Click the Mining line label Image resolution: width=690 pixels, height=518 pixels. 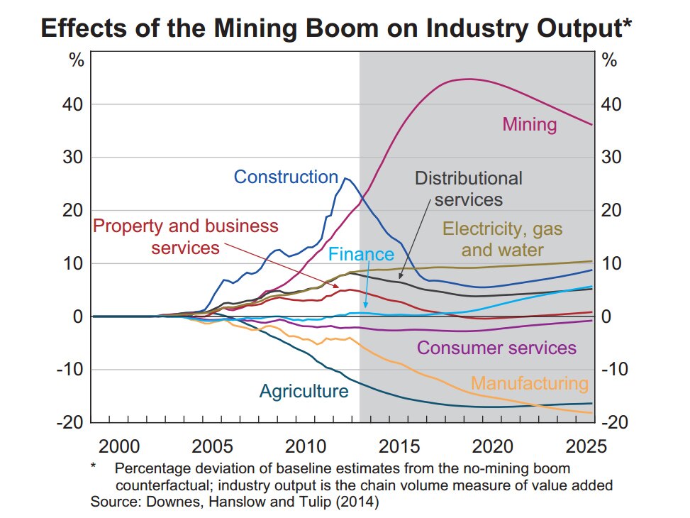click(x=529, y=125)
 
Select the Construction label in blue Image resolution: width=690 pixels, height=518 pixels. click(x=286, y=177)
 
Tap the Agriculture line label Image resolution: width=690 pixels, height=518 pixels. click(x=304, y=391)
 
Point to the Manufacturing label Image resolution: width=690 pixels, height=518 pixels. click(x=530, y=384)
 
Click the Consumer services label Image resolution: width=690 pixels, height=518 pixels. click(x=496, y=348)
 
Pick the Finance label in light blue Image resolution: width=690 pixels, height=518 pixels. click(x=361, y=254)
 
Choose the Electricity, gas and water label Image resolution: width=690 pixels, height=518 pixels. click(x=503, y=239)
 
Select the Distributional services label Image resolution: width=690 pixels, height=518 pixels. click(x=468, y=188)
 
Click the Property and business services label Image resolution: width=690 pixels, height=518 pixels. click(x=186, y=237)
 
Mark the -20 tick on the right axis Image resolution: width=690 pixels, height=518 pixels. click(x=614, y=421)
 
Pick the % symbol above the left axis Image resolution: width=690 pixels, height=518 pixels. click(x=76, y=60)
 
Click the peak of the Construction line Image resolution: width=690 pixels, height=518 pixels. click(x=345, y=178)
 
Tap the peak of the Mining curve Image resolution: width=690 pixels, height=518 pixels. click(x=467, y=79)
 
